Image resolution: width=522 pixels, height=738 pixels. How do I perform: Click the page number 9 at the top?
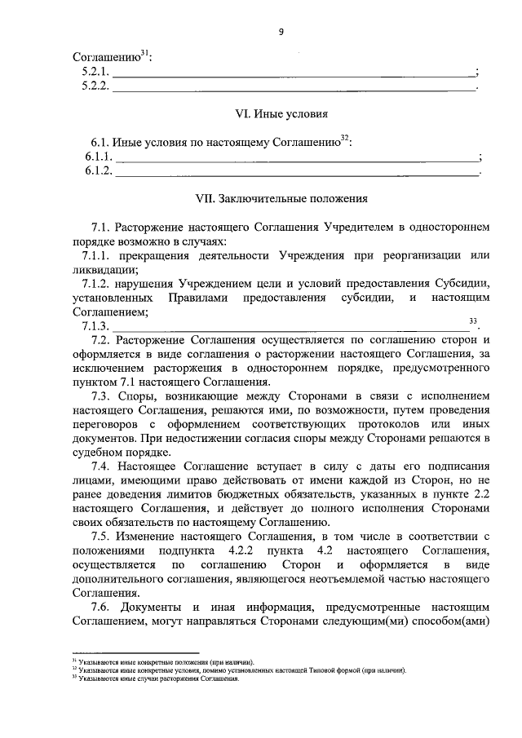(x=281, y=31)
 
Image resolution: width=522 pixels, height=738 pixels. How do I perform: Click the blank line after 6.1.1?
(x=299, y=157)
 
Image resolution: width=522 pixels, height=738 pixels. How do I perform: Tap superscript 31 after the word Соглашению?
(x=144, y=54)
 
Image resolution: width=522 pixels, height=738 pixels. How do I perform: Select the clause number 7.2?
(x=101, y=340)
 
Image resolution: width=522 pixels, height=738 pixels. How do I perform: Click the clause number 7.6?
(x=101, y=608)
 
